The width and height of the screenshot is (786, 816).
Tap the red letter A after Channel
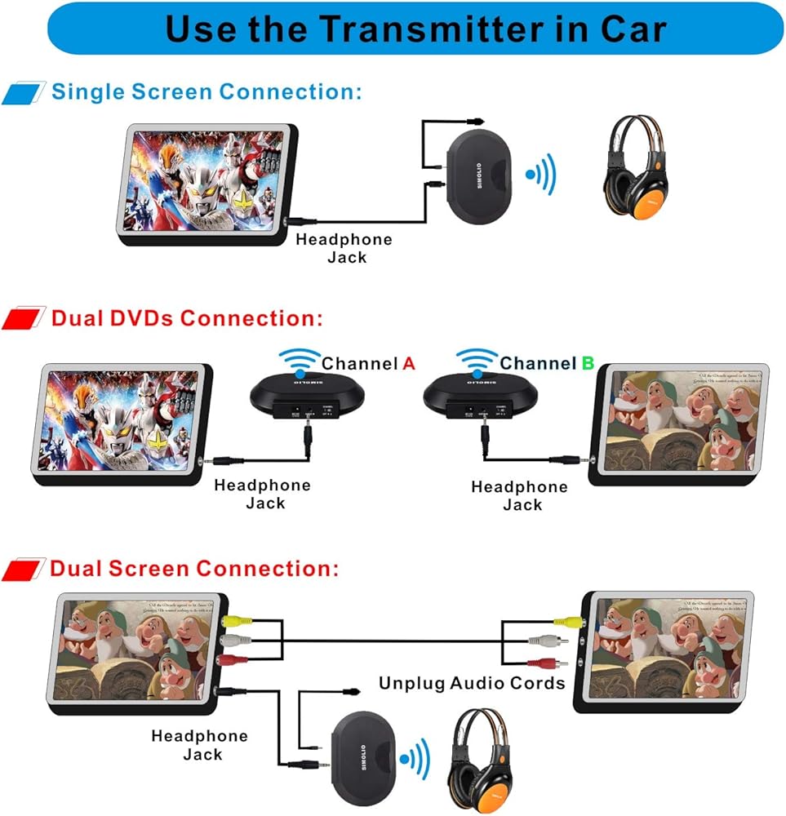(x=409, y=363)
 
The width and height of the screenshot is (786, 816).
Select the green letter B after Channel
(x=588, y=363)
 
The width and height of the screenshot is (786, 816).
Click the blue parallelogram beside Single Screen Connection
(x=24, y=91)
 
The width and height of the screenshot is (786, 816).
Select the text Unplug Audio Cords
(x=472, y=682)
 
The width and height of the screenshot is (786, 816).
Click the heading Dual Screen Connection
(x=194, y=568)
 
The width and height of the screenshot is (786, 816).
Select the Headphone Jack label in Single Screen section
(x=344, y=248)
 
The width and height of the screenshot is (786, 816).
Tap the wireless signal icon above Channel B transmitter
(x=476, y=359)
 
